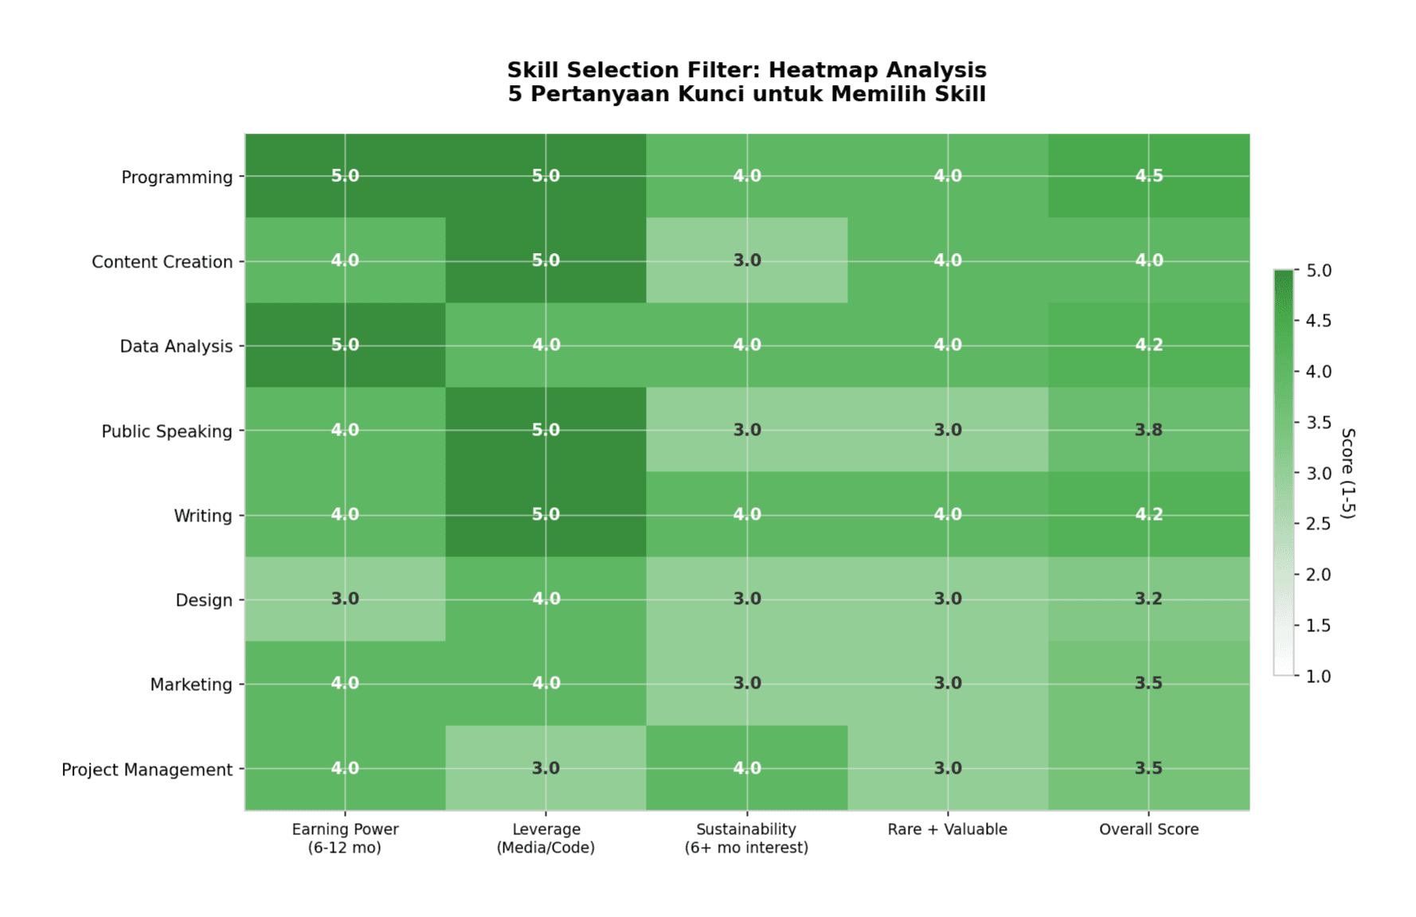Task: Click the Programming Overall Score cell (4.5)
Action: (1148, 176)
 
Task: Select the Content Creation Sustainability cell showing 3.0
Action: (746, 260)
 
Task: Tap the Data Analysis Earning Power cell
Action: (345, 345)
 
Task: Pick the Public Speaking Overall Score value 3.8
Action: (1148, 430)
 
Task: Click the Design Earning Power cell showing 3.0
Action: (345, 599)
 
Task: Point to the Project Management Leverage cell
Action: (546, 768)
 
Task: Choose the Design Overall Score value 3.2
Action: (1148, 599)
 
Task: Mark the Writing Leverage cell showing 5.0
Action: (546, 514)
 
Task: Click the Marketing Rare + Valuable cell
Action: (948, 683)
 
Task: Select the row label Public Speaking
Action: (166, 431)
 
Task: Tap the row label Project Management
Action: (147, 770)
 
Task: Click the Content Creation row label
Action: (162, 262)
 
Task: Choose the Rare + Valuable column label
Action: (948, 829)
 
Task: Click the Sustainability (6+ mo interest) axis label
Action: (746, 838)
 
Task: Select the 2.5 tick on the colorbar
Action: (1318, 524)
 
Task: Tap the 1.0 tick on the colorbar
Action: (1318, 676)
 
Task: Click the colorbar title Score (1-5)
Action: (1348, 473)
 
